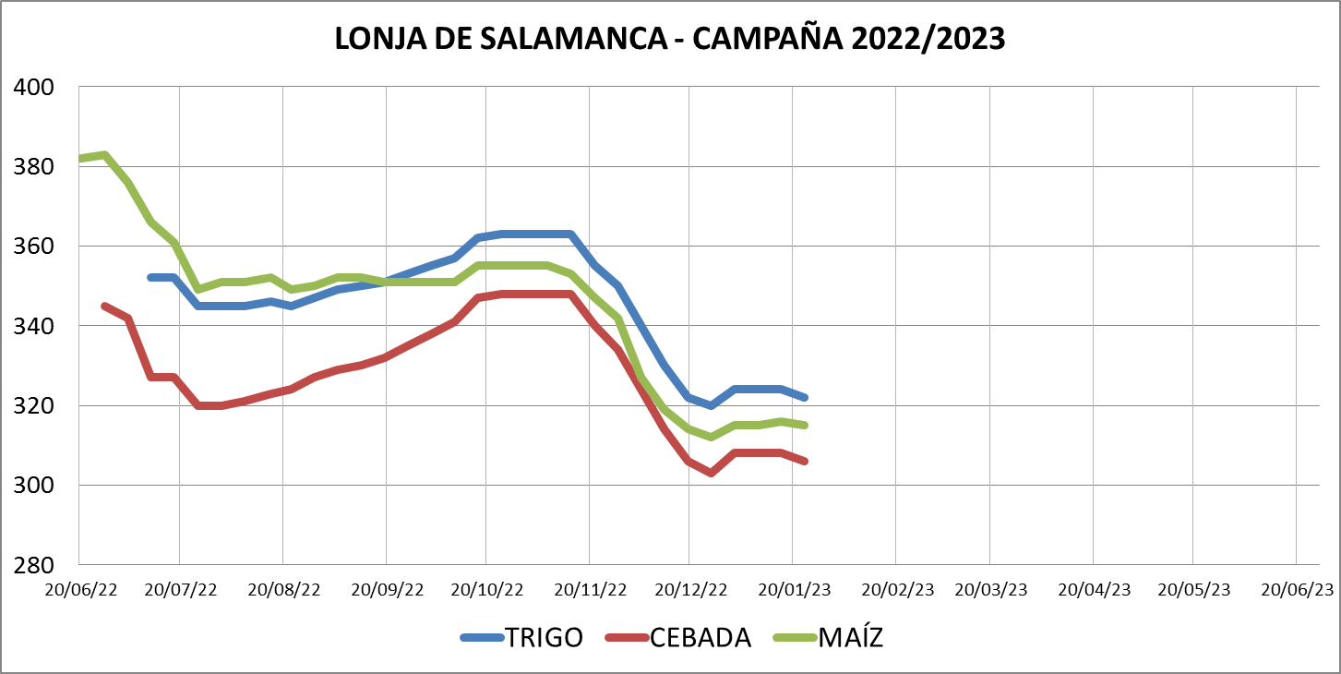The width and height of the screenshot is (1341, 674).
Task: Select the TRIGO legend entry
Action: [x=544, y=638]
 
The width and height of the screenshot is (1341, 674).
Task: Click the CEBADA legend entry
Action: [x=700, y=638]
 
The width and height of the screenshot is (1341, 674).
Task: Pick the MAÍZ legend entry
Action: [x=850, y=638]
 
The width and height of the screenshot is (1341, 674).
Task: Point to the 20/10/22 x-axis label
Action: [x=487, y=589]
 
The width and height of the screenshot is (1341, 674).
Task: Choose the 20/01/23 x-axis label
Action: [x=795, y=589]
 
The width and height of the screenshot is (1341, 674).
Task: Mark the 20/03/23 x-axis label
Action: [x=991, y=589]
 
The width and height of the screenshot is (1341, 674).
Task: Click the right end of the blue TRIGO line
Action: [x=806, y=397]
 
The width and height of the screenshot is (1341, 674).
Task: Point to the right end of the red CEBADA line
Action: [x=806, y=461]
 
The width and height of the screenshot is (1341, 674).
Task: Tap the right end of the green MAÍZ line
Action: [x=806, y=425]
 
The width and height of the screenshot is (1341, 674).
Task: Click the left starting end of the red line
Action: [x=103, y=306]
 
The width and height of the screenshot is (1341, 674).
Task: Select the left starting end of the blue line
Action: [x=150, y=277]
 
